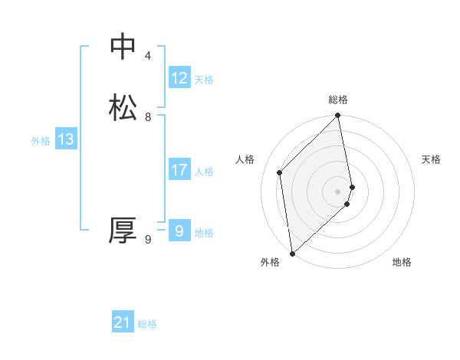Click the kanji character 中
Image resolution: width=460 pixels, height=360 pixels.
[123, 47]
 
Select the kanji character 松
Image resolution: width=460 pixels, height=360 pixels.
[123, 108]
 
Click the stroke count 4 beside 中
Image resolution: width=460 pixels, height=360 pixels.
[148, 56]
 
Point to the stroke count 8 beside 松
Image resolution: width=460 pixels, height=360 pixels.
[148, 117]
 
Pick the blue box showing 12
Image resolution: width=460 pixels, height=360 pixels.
[179, 78]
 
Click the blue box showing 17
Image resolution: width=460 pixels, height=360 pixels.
[179, 170]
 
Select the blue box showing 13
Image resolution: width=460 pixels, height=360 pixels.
[65, 139]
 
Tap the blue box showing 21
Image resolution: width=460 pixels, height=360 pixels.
[123, 323]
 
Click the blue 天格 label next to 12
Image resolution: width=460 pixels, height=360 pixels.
[204, 80]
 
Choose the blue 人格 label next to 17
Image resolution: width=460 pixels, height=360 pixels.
[204, 172]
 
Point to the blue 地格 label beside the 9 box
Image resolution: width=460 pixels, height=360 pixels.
[204, 233]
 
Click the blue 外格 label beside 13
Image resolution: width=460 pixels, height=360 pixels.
[41, 141]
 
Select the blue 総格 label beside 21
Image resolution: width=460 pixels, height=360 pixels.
[147, 325]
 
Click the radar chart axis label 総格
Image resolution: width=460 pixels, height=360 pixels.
[338, 100]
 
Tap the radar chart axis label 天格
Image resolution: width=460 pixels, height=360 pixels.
[431, 159]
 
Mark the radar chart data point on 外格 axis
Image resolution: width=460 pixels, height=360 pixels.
[291, 254]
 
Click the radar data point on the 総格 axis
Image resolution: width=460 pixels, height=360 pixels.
[338, 116]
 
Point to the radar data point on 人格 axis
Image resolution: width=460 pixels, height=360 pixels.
[280, 172]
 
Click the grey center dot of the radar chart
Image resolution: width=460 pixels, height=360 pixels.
[338, 191]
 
